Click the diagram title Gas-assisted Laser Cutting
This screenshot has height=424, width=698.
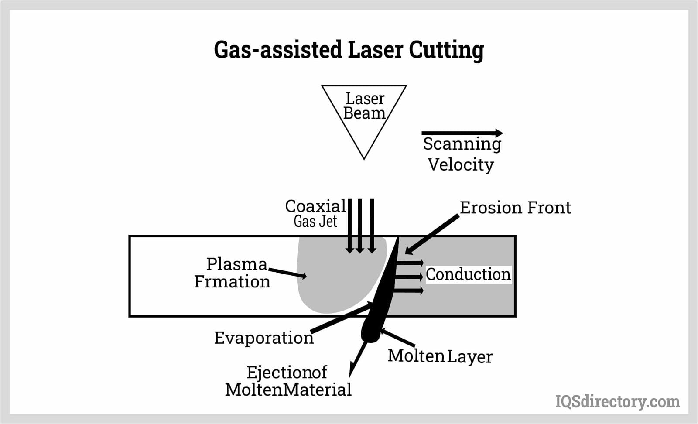(349, 50)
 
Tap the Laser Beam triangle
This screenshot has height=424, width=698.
(364, 113)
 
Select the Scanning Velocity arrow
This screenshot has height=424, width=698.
(462, 133)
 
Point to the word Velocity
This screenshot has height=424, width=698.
(461, 165)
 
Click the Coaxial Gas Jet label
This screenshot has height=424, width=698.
(315, 213)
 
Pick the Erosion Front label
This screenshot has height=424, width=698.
(515, 208)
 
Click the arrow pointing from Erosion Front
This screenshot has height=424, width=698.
(432, 234)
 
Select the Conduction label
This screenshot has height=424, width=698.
(468, 274)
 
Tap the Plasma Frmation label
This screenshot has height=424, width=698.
(233, 273)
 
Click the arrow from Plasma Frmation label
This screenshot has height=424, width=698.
(288, 273)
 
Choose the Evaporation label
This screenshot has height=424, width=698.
(263, 338)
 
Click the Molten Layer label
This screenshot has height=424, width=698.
(440, 356)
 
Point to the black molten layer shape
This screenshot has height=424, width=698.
(380, 305)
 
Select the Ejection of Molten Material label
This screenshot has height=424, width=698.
(288, 381)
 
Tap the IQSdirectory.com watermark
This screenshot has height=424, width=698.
(617, 401)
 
